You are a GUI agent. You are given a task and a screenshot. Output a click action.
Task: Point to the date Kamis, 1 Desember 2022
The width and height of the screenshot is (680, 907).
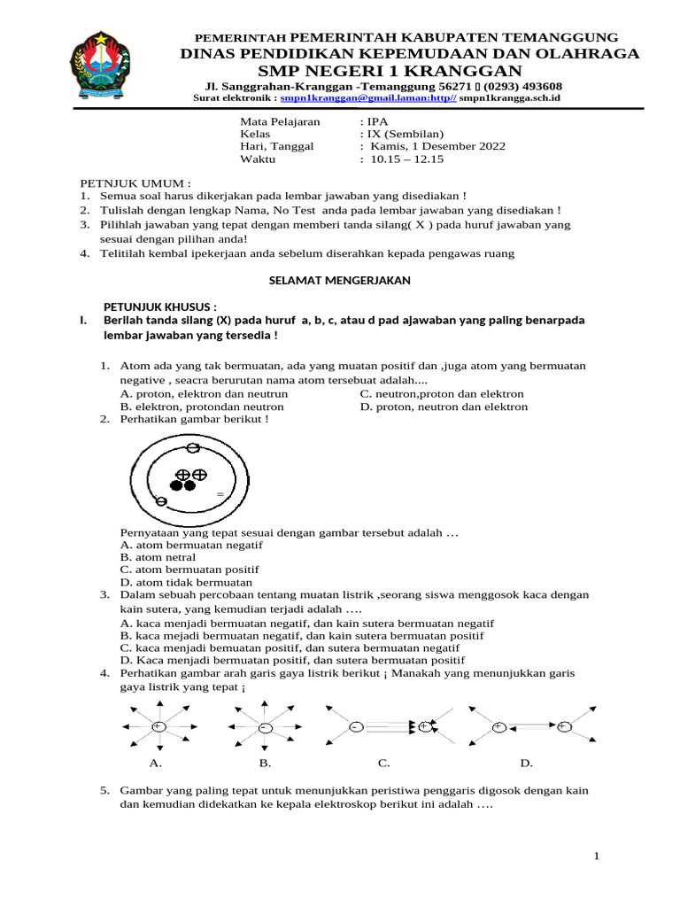(x=433, y=146)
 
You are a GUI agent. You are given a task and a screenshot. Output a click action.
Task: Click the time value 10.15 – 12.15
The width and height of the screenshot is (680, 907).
(x=402, y=159)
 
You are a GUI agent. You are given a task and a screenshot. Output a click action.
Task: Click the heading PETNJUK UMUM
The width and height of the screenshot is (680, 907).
(x=135, y=182)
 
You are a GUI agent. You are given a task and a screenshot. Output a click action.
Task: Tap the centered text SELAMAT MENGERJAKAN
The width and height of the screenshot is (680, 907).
(x=339, y=280)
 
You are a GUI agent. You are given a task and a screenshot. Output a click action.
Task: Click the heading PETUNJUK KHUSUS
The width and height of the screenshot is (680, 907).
(x=160, y=306)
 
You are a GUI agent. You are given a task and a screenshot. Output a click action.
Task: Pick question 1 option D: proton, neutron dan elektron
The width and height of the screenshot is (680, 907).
(x=444, y=407)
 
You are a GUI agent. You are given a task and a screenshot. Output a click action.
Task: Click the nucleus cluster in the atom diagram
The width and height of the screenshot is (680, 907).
(x=189, y=480)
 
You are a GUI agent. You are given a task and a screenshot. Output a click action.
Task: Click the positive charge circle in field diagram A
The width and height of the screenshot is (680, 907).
(x=158, y=726)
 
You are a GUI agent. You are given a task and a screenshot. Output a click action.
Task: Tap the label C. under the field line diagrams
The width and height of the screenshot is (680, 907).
(x=383, y=762)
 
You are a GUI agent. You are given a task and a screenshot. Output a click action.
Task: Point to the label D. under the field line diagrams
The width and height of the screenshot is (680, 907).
(x=526, y=762)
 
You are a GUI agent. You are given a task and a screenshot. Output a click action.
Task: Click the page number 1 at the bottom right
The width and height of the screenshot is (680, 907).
(x=597, y=856)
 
